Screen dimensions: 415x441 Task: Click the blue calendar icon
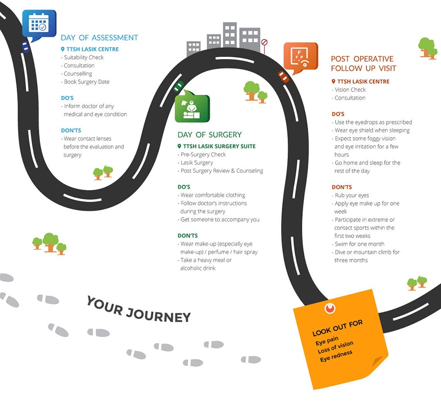point(39,23)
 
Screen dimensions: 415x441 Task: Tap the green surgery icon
point(192,108)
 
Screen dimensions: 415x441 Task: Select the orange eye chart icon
point(300,56)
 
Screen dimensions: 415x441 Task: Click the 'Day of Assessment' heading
point(99,38)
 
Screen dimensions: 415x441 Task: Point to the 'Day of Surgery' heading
point(209,135)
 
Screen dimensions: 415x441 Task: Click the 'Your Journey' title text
point(138,310)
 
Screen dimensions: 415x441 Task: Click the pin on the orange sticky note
point(330,308)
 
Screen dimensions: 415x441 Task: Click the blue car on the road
point(25,47)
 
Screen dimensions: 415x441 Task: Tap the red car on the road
point(283,76)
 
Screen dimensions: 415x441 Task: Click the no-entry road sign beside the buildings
point(265,43)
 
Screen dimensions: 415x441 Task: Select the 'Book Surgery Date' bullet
point(86,82)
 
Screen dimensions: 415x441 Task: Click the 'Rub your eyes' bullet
point(351,195)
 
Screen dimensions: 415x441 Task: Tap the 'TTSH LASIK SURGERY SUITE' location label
point(219,146)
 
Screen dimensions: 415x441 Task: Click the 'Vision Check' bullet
point(350,90)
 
